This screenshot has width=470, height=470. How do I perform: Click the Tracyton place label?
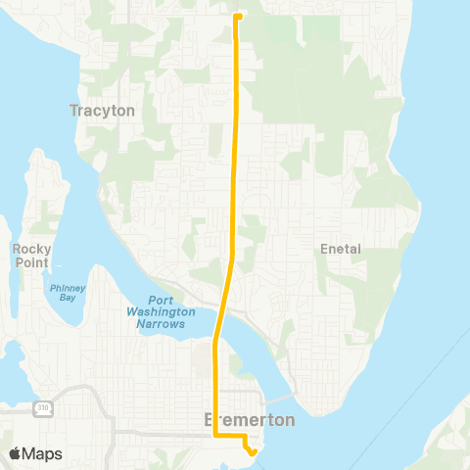click(x=102, y=111)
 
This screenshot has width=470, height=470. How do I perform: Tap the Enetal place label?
click(x=341, y=249)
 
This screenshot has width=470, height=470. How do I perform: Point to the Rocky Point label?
click(x=31, y=256)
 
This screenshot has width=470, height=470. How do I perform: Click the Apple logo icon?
click(x=16, y=453)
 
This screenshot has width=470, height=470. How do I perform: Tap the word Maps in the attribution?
click(x=42, y=453)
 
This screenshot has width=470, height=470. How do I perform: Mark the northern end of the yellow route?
click(x=238, y=16)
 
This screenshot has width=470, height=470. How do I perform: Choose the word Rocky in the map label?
click(x=31, y=249)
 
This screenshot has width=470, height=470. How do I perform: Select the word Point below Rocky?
click(x=31, y=261)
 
